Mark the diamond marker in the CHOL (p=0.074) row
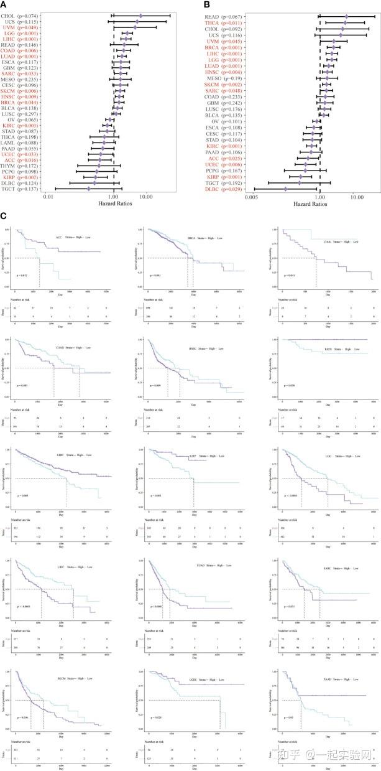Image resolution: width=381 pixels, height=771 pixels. tap(140, 16)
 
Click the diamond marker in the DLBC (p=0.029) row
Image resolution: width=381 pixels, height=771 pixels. tap(285, 189)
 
